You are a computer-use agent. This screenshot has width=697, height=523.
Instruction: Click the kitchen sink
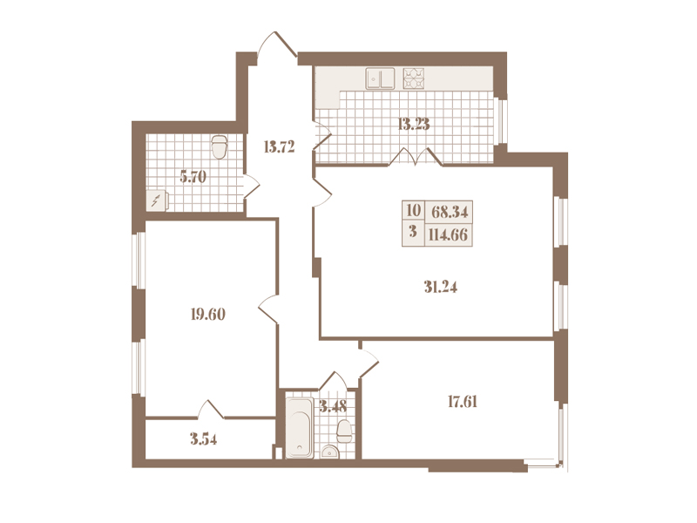(x=380, y=78)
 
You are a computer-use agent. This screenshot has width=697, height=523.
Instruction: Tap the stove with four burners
(x=413, y=78)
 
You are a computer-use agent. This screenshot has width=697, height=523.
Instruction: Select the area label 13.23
(x=413, y=124)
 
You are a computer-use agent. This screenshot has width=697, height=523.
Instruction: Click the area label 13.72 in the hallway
(x=279, y=146)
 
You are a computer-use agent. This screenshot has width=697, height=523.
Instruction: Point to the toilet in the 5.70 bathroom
(x=220, y=147)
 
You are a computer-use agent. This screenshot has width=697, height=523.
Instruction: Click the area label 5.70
(x=193, y=177)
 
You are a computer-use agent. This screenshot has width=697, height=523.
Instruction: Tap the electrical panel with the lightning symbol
(x=157, y=200)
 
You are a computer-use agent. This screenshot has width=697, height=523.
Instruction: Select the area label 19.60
(x=208, y=315)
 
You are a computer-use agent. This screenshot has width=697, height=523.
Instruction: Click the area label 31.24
(x=441, y=288)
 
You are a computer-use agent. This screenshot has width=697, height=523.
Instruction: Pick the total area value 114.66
(x=448, y=234)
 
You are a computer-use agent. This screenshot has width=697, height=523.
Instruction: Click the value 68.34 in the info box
(x=450, y=212)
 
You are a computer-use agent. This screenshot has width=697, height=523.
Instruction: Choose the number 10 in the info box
(x=413, y=210)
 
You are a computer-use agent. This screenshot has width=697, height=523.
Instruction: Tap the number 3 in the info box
(x=413, y=232)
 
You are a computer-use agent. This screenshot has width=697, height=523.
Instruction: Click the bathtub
(x=299, y=428)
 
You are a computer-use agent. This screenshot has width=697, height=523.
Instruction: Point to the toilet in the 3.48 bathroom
(x=344, y=431)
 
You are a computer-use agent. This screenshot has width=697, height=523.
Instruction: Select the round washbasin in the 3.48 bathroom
(x=330, y=452)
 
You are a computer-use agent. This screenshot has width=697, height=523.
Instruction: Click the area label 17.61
(x=463, y=402)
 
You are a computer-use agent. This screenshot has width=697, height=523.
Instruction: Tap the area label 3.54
(x=204, y=439)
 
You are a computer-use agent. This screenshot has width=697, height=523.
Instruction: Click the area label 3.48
(x=333, y=406)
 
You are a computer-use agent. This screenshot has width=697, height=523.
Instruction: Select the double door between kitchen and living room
(x=416, y=157)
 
